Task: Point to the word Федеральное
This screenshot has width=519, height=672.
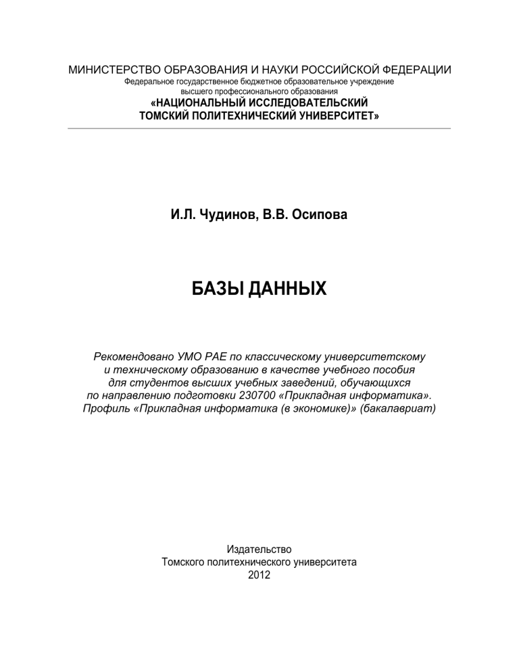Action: (x=152, y=82)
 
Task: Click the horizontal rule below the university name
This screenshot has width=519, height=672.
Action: (x=259, y=128)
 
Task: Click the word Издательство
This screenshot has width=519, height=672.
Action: (x=259, y=549)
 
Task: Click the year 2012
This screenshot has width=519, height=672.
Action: (x=259, y=575)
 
